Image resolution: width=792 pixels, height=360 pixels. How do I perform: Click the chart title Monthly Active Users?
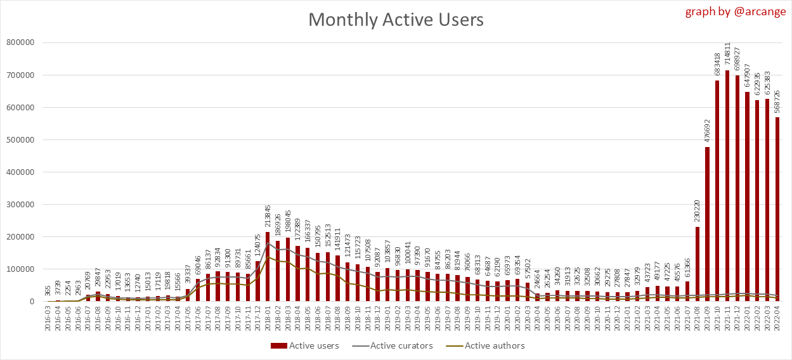[x=396, y=20]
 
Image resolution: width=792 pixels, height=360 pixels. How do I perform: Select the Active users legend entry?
[x=307, y=345]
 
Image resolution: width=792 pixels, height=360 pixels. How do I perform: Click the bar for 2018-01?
[x=267, y=267]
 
